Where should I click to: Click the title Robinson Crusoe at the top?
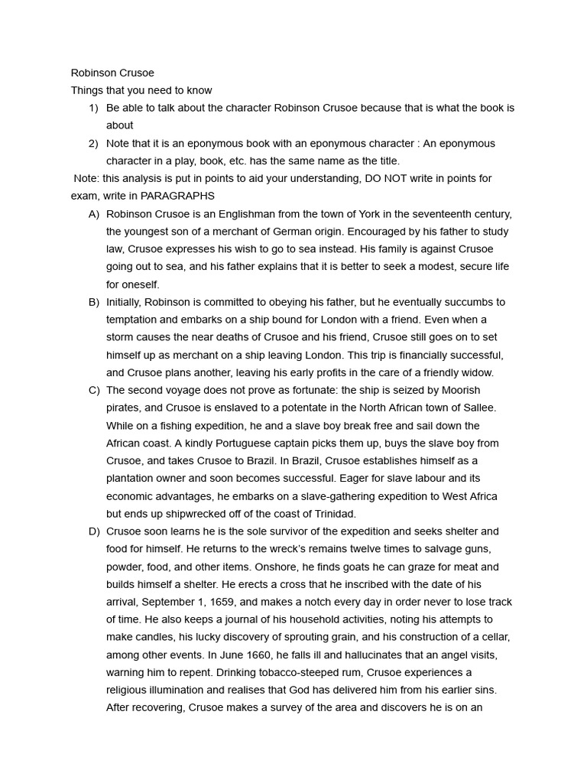click(112, 73)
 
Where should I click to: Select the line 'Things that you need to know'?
click(141, 90)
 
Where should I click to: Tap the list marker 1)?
click(93, 108)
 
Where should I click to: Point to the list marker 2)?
click(93, 143)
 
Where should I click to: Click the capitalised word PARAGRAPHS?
click(177, 196)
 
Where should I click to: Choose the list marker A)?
click(94, 213)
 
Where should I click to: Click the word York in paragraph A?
click(362, 213)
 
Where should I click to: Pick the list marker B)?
click(94, 302)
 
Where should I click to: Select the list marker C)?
click(94, 390)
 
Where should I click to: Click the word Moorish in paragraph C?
click(460, 390)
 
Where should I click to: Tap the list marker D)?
click(94, 531)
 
